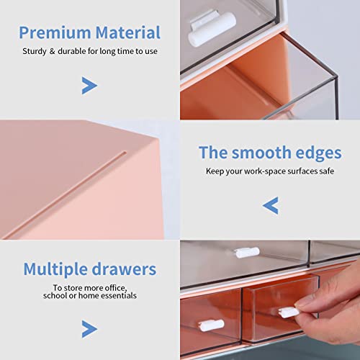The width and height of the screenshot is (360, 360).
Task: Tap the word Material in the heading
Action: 125,32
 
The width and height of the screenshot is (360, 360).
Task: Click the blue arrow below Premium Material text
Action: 89,86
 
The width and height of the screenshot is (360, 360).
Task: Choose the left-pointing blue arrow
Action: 270,207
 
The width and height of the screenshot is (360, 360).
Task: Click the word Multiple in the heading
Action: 59,269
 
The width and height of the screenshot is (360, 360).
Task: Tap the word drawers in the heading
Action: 126,269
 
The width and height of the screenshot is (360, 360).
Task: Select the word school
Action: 55,295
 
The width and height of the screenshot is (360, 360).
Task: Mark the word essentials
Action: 115,295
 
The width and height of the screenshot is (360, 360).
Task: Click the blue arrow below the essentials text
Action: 89,329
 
